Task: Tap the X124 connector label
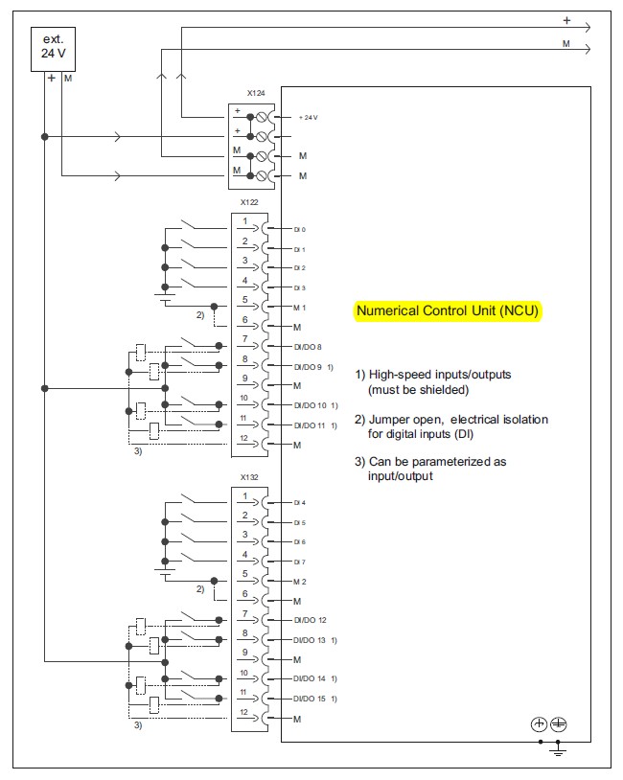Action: (254, 94)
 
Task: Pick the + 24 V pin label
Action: (308, 117)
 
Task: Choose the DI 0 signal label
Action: (300, 230)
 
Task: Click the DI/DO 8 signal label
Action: (308, 346)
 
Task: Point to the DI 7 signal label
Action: (300, 562)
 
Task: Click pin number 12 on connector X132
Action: (244, 712)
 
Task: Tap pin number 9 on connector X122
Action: (244, 379)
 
